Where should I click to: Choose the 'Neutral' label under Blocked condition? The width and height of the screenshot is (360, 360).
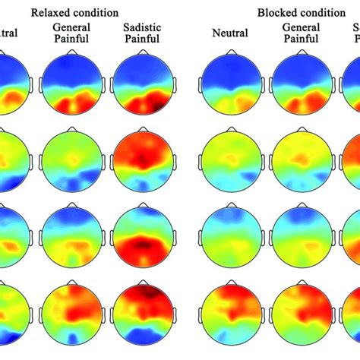coord(229,33)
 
